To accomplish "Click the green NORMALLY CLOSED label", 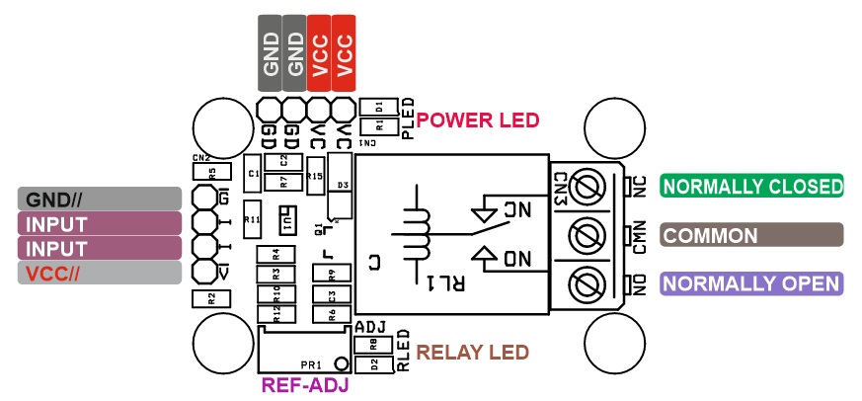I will (x=752, y=187).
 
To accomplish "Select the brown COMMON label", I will (x=752, y=235).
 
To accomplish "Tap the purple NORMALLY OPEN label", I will (x=752, y=283).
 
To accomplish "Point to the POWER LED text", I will (x=477, y=120).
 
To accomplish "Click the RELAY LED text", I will (x=473, y=353).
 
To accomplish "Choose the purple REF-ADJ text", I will (x=304, y=386).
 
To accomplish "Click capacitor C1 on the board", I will (x=254, y=174).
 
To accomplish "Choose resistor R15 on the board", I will (x=314, y=175).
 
